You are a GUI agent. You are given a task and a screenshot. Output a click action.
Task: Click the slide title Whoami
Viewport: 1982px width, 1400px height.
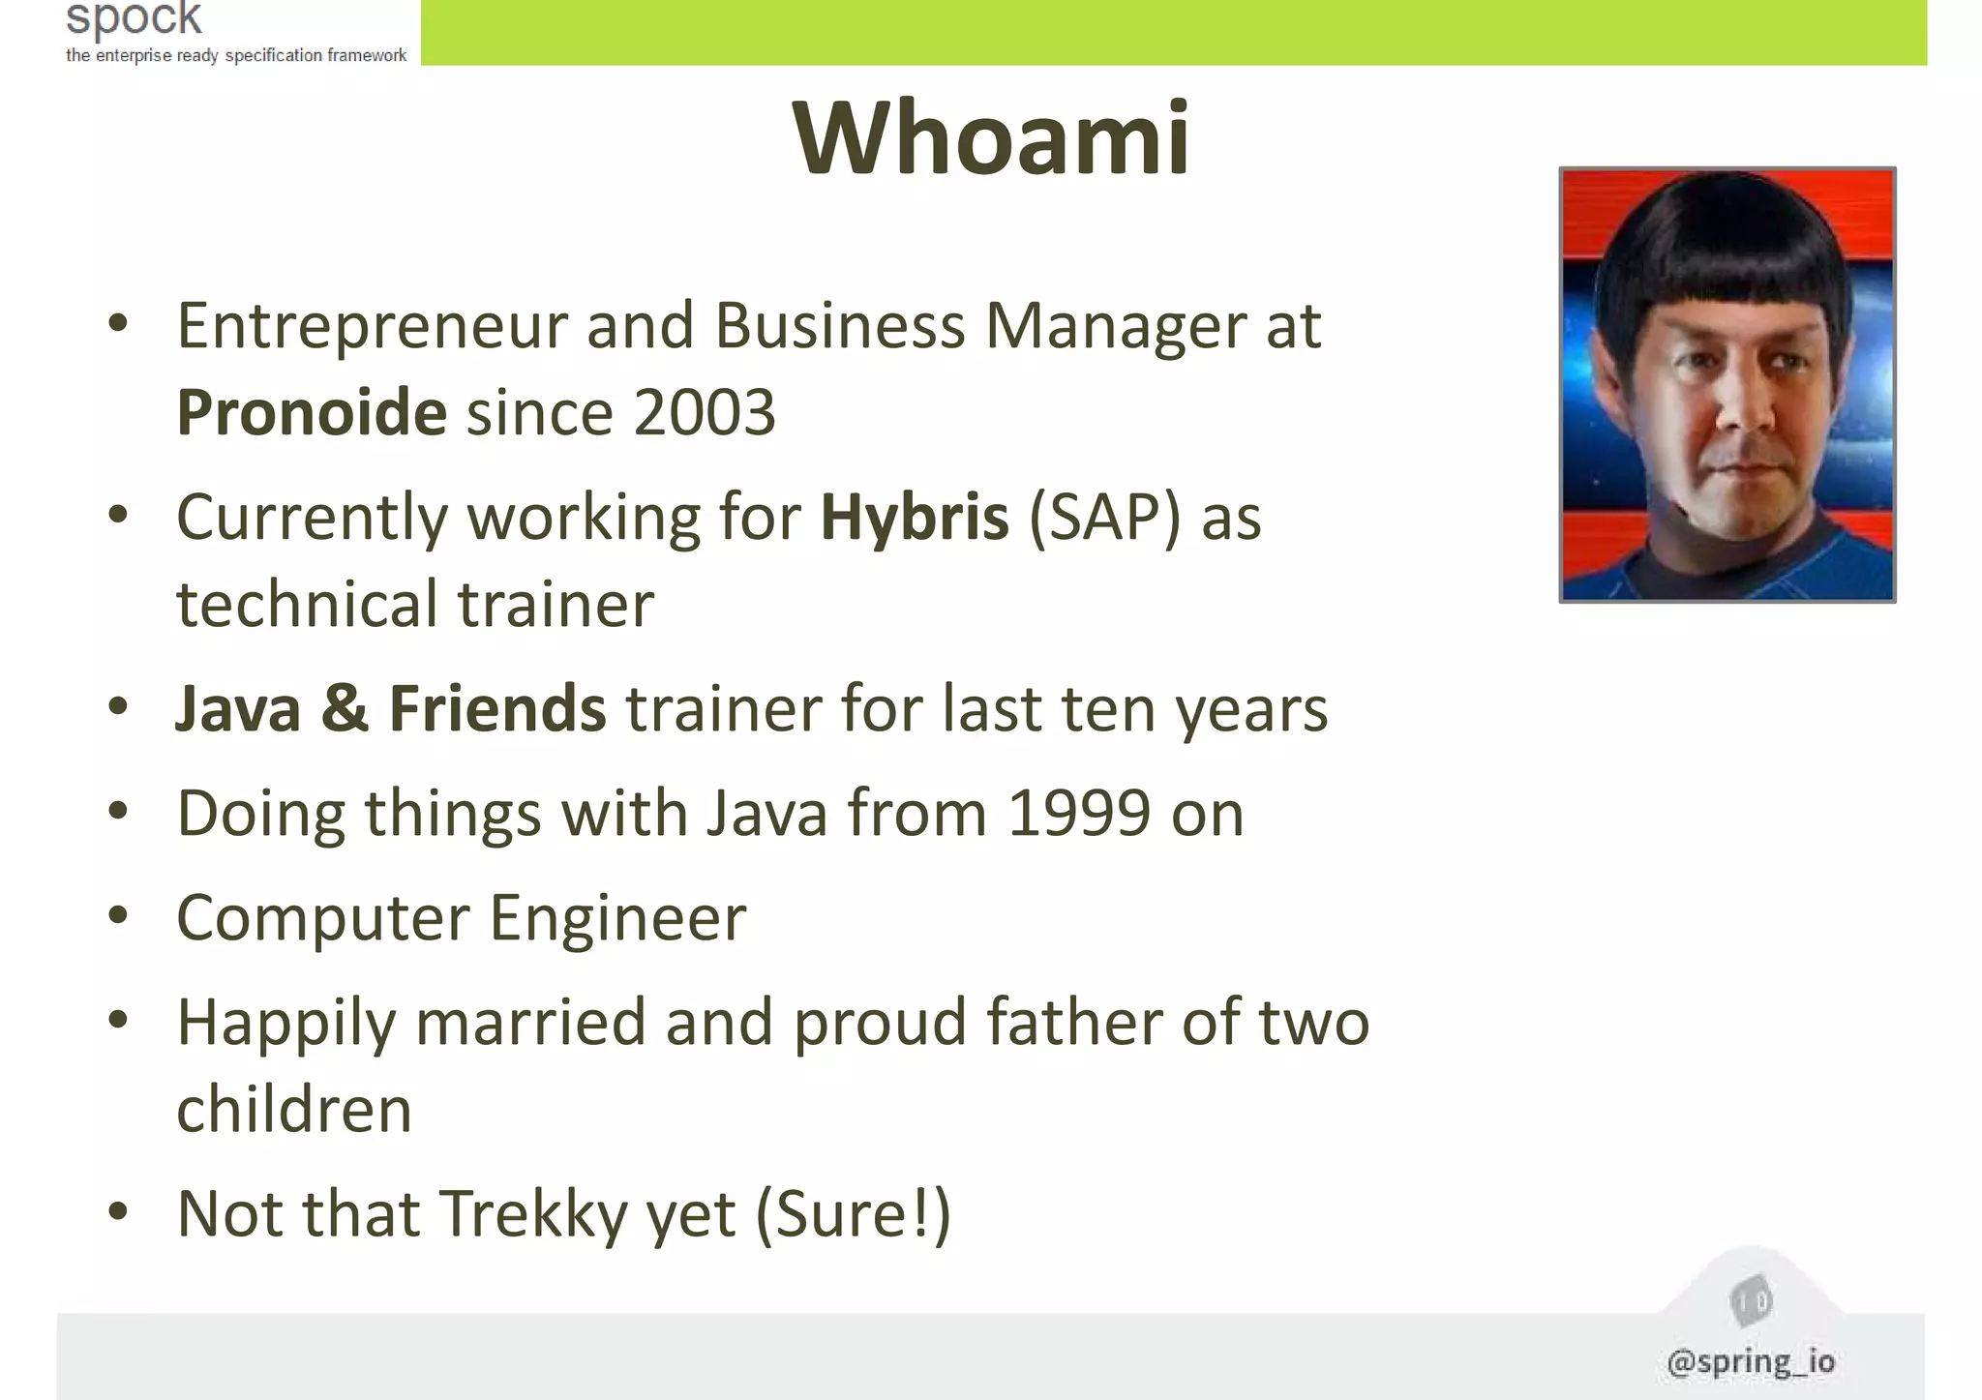click(991, 138)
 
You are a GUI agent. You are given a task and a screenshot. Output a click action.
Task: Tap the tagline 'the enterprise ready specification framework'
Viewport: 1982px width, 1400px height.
click(236, 55)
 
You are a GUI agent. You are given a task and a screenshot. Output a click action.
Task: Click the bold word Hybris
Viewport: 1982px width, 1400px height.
click(915, 517)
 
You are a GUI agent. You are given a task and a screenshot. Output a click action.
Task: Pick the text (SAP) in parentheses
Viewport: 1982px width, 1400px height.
click(1105, 517)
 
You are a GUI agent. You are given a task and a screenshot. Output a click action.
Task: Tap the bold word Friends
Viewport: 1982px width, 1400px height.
click(497, 708)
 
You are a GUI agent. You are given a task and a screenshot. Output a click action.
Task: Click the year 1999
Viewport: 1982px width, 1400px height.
click(1079, 813)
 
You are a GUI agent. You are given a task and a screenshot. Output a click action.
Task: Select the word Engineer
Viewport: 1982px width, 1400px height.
click(618, 917)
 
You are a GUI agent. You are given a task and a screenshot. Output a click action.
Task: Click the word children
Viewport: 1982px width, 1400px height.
click(294, 1109)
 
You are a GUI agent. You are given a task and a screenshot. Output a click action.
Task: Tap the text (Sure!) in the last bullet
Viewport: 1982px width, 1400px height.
click(853, 1213)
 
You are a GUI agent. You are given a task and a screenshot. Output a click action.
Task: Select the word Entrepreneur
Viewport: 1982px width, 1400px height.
click(372, 326)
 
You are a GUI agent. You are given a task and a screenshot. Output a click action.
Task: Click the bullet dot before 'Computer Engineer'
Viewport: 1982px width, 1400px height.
click(118, 916)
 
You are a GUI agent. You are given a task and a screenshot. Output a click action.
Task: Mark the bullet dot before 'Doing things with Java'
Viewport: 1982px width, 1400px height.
click(118, 812)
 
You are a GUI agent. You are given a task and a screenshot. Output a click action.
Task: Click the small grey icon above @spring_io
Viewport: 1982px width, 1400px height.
click(1750, 1300)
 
